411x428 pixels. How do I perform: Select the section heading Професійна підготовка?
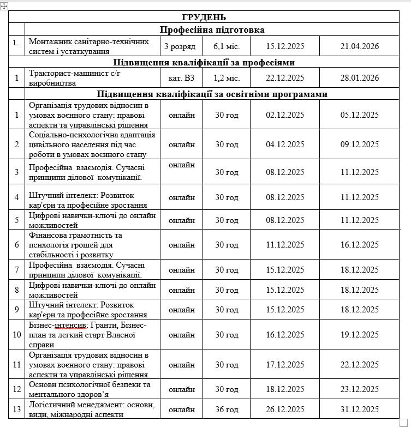[212, 29]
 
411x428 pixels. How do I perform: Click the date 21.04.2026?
[359, 46]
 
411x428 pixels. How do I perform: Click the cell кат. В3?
[181, 78]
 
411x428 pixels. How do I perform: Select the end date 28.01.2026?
[359, 78]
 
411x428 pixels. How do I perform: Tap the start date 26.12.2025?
[285, 409]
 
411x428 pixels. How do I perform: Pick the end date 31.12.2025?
[359, 409]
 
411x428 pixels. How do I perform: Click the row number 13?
[17, 409]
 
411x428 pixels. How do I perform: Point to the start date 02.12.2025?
[285, 114]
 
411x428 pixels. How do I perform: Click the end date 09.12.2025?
[359, 144]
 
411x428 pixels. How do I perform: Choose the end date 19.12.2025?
[359, 334]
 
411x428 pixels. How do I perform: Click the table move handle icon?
[4, 5]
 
